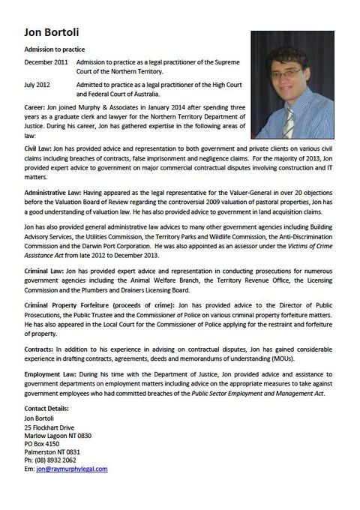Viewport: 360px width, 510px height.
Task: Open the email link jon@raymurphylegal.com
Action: pyautogui.click(x=72, y=469)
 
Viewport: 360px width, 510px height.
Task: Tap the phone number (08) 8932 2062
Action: pyautogui.click(x=61, y=461)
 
